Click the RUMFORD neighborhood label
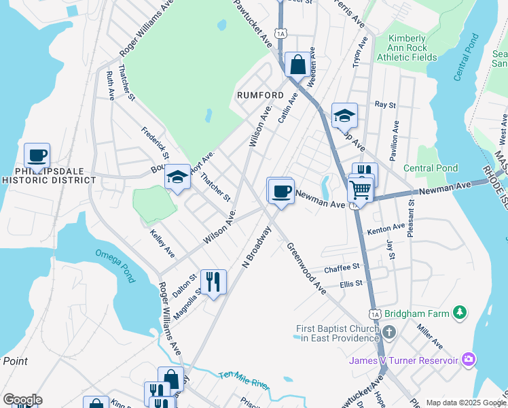pos(260,95)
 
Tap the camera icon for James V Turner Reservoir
pos(469,358)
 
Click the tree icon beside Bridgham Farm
pos(461,312)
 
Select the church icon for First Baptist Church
pos(388,333)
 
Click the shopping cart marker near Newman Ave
pos(359,188)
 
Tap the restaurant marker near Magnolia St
pos(213,281)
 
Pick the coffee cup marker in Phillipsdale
pos(37,156)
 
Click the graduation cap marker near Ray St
pos(344,116)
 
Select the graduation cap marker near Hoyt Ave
pos(178,178)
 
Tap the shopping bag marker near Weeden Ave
pos(297,65)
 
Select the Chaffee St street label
pos(340,269)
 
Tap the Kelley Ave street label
pos(162,243)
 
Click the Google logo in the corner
pos(22,400)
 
